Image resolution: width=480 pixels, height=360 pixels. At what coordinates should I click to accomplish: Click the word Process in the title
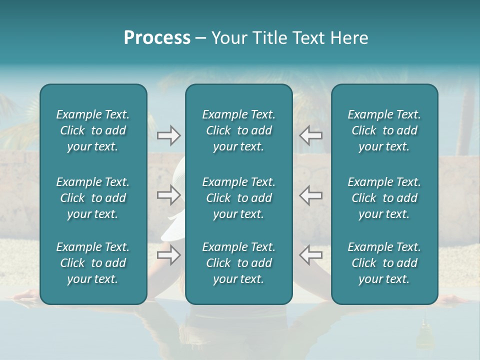pyautogui.click(x=157, y=38)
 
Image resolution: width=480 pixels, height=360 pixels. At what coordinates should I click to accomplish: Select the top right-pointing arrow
pyautogui.click(x=168, y=135)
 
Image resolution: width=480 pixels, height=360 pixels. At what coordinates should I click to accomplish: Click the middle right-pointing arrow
pyautogui.click(x=168, y=195)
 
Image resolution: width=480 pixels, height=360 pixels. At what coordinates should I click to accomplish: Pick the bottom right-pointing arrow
pyautogui.click(x=168, y=255)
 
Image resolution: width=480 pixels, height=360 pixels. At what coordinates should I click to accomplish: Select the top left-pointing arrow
pyautogui.click(x=310, y=135)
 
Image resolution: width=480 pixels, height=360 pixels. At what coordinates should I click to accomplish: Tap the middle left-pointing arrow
pyautogui.click(x=310, y=195)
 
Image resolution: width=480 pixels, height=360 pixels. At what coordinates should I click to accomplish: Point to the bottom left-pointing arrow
pyautogui.click(x=310, y=255)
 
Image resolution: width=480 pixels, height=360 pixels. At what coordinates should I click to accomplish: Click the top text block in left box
pyautogui.click(x=93, y=130)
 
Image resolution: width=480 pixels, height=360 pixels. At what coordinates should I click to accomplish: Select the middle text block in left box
pyautogui.click(x=93, y=198)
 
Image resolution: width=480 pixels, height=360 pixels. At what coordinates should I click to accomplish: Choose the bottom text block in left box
pyautogui.click(x=93, y=263)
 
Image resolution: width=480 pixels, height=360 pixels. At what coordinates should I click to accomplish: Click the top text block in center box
pyautogui.click(x=238, y=130)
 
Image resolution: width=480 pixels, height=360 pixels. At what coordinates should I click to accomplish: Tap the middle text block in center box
pyautogui.click(x=238, y=198)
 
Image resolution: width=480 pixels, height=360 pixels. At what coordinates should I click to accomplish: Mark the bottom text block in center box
pyautogui.click(x=238, y=263)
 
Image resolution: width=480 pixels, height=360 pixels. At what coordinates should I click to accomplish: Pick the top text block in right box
pyautogui.click(x=384, y=130)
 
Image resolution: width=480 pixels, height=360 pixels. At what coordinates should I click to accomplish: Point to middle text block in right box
pyautogui.click(x=384, y=198)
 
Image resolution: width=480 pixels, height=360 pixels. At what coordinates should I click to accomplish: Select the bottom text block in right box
pyautogui.click(x=384, y=263)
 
